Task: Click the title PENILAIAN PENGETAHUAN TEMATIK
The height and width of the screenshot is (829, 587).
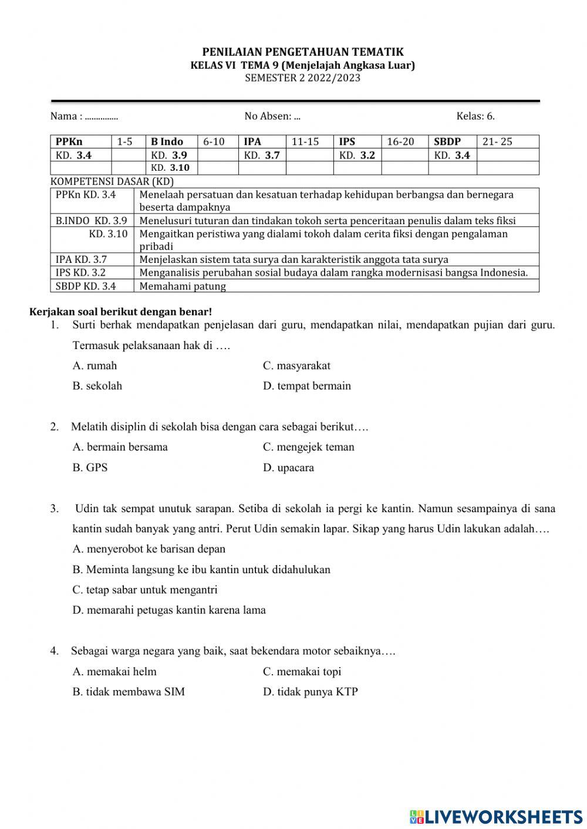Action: (303, 52)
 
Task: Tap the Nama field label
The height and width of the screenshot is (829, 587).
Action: (66, 116)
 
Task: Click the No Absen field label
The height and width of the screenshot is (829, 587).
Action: (268, 116)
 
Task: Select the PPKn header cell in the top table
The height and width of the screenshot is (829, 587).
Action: (69, 141)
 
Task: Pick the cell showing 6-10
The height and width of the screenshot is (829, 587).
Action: (214, 141)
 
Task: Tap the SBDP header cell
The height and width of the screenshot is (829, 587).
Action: (447, 141)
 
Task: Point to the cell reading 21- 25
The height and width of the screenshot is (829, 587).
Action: (497, 141)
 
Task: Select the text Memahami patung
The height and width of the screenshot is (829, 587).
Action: (183, 286)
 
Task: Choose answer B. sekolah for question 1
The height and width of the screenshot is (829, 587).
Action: (97, 386)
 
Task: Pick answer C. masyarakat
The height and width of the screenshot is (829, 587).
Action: (296, 366)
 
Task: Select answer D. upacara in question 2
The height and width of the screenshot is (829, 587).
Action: (288, 468)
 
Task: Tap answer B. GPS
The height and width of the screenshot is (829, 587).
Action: (90, 468)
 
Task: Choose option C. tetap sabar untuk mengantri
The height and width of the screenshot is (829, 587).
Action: (145, 590)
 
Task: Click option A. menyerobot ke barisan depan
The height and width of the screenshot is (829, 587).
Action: (149, 549)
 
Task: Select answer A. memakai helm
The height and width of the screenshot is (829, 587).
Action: (114, 671)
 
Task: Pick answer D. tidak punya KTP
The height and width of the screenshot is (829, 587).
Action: (310, 692)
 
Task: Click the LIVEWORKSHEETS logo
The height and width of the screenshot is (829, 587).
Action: (496, 816)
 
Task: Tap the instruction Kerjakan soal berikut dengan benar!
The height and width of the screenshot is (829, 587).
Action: (121, 312)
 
